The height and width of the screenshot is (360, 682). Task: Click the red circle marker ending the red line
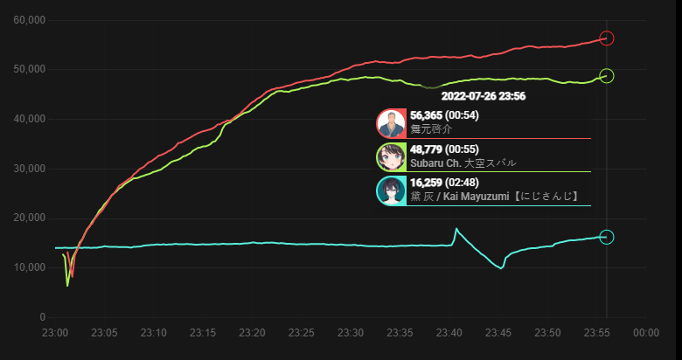point(607,38)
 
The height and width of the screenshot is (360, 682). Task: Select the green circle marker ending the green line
point(607,76)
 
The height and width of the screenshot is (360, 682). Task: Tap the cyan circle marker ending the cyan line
point(607,237)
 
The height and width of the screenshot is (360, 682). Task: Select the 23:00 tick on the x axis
point(55,333)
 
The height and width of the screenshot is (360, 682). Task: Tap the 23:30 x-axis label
point(351,333)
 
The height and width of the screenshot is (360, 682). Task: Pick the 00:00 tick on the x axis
point(646,333)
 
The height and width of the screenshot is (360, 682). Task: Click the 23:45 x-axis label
point(499,333)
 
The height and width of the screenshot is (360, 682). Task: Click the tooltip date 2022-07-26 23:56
point(484,96)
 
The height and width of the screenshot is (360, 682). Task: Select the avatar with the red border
point(391,124)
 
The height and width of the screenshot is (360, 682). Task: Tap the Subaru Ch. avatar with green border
point(391,157)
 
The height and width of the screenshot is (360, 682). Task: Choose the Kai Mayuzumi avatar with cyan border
point(391,190)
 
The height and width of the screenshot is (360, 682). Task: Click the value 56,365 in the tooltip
point(427,115)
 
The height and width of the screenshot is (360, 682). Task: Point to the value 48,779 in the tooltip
point(427,149)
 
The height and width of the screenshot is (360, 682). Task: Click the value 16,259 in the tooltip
point(427,183)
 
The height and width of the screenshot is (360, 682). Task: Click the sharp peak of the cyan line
point(456,229)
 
